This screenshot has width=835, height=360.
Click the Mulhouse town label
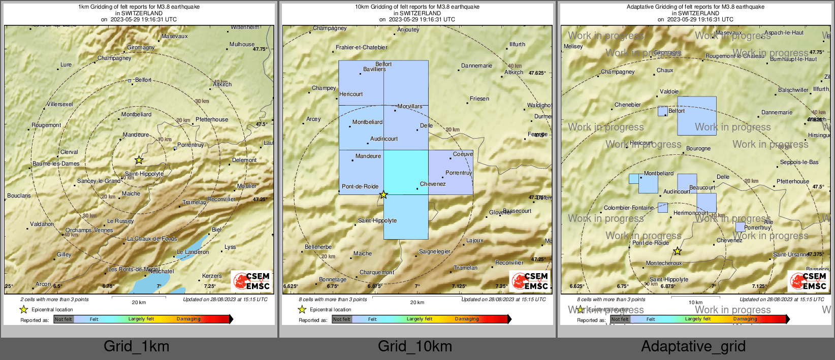(242, 44)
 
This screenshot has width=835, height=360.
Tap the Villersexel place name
(60, 104)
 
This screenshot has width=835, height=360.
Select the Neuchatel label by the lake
(161, 272)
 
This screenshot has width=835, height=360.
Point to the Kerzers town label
(212, 276)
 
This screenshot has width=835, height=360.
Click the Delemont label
(244, 160)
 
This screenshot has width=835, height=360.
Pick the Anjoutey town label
(408, 30)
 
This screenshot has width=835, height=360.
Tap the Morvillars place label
(410, 107)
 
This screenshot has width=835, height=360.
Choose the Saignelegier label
(435, 251)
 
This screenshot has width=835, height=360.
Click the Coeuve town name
(463, 154)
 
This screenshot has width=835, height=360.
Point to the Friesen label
(479, 99)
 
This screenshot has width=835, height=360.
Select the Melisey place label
(573, 46)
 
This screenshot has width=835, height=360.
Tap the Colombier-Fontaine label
(629, 208)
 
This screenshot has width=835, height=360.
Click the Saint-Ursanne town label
(790, 254)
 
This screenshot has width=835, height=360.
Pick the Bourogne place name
(698, 149)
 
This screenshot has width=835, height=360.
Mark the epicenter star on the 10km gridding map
(383, 195)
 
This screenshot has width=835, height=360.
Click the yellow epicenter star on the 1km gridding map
(139, 160)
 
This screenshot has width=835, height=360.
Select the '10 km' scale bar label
(695, 303)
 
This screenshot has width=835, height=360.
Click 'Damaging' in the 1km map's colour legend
(188, 319)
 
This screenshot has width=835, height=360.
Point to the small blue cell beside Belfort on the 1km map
(130, 80)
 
